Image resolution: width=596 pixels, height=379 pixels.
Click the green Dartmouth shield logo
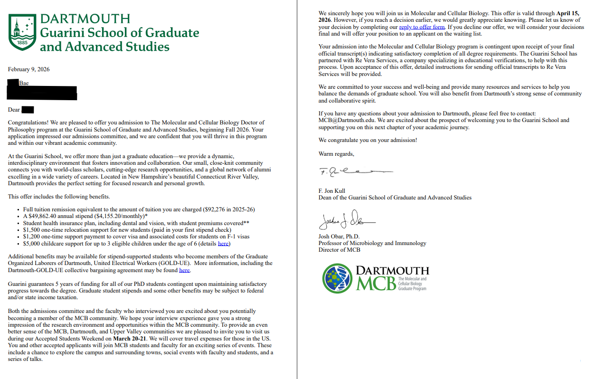pos(22,32)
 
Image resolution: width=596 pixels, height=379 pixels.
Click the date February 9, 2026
pos(28,69)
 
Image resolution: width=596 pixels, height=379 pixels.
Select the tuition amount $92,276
pos(217,209)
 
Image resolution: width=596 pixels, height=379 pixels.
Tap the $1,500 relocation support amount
pos(32,229)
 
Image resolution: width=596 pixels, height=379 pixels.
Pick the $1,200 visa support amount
pos(32,236)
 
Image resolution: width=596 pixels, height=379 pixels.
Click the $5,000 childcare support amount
pos(32,243)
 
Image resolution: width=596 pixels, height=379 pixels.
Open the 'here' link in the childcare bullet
pos(223,244)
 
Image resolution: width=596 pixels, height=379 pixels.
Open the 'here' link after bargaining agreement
pos(184,270)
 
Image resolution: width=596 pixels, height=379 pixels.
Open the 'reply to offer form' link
pos(422,27)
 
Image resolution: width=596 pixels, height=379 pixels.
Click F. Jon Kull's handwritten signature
pos(354,171)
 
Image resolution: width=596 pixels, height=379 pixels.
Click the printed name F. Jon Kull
pos(331,191)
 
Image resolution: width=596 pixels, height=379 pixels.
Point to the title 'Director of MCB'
pos(339,250)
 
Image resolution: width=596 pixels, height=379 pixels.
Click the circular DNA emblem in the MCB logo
pos(338,278)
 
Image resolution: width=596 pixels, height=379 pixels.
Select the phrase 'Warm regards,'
pos(336,154)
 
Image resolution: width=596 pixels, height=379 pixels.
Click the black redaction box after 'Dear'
pos(28,110)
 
